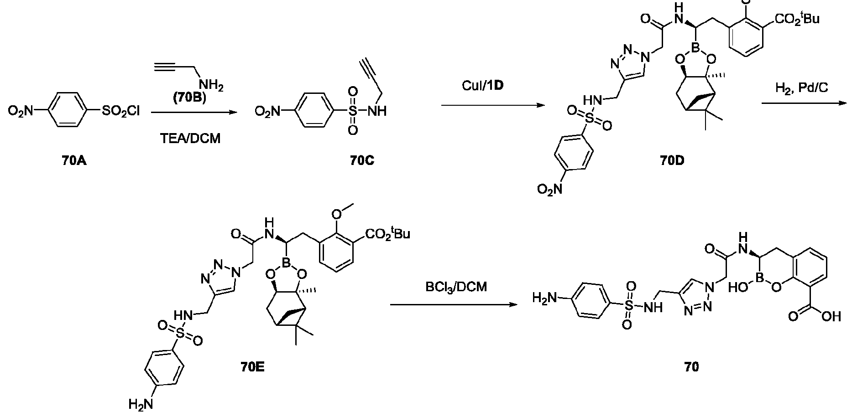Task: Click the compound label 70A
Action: point(74,160)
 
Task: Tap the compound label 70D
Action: point(671,160)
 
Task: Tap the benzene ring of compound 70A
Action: point(70,111)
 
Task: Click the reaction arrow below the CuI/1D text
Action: point(493,106)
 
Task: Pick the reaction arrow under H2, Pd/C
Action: point(804,103)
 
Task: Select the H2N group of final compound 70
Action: point(545,299)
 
